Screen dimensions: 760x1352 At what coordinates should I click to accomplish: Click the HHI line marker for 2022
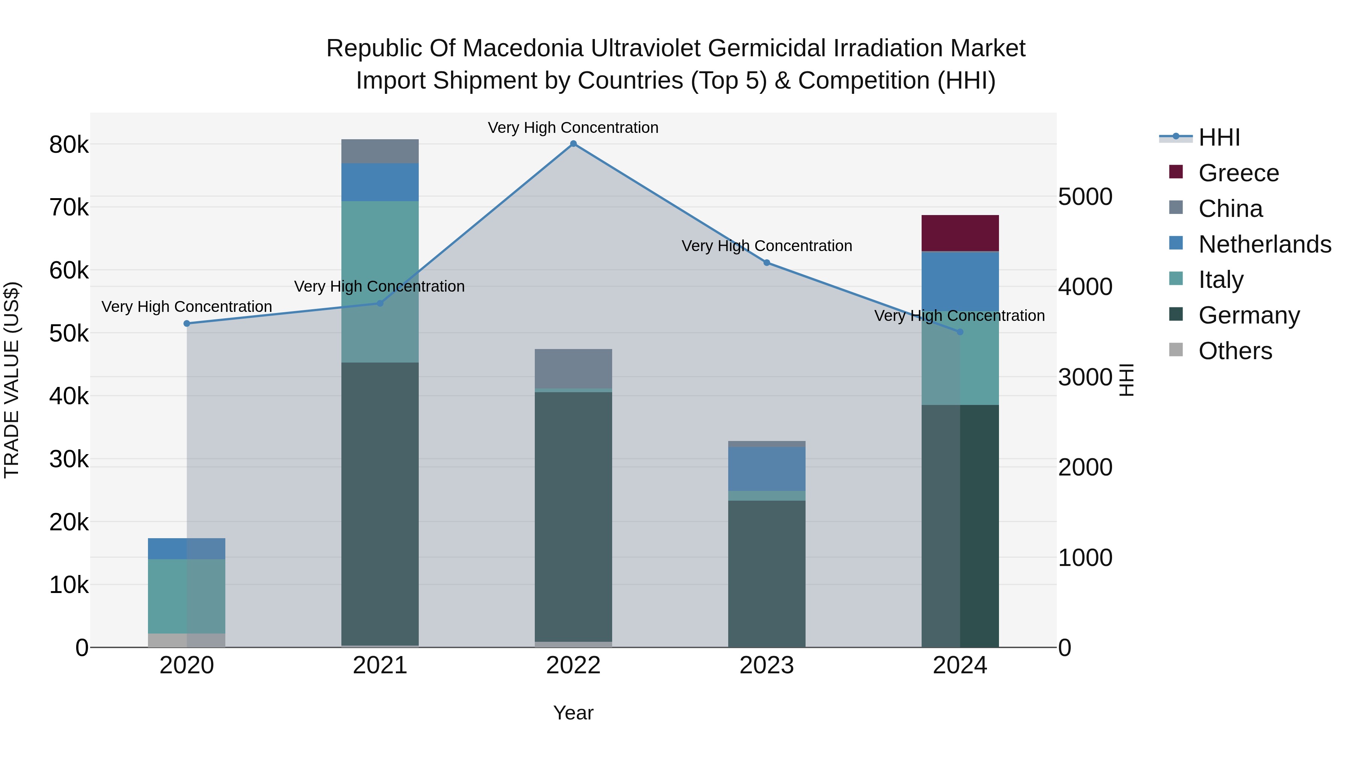point(573,144)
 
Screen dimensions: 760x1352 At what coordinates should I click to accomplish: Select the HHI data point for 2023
point(767,263)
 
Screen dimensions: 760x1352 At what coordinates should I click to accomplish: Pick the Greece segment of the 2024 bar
point(960,233)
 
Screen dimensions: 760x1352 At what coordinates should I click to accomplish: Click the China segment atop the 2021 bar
point(380,151)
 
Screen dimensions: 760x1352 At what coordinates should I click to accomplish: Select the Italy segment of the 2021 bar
point(380,247)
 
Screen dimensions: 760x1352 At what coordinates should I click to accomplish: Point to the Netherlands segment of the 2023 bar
point(767,468)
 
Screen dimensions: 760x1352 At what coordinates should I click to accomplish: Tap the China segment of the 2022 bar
point(573,368)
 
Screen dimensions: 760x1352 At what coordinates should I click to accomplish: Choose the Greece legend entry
point(1239,173)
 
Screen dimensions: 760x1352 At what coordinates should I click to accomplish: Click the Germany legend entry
point(1249,315)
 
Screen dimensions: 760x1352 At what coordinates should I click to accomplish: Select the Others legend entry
point(1235,351)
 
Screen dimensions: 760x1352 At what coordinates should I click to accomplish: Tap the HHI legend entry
point(1219,137)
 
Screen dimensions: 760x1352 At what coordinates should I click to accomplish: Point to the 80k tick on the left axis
point(69,145)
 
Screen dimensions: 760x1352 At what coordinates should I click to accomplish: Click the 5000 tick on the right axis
point(1085,197)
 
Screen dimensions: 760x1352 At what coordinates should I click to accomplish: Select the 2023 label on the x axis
point(767,665)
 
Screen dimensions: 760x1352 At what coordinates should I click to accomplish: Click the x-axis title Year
point(573,713)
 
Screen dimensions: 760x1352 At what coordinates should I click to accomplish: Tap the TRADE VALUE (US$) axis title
point(12,380)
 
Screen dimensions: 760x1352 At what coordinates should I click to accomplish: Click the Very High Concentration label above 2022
point(573,128)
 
